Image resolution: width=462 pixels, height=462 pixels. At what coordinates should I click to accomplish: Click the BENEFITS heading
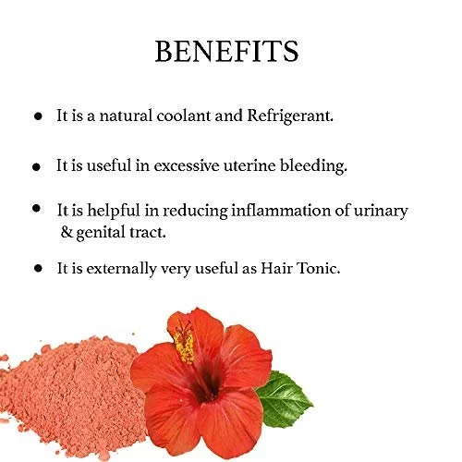click(226, 51)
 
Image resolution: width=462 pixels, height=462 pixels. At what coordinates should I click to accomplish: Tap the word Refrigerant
click(290, 116)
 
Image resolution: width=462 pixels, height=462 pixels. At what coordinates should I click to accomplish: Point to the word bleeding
click(313, 166)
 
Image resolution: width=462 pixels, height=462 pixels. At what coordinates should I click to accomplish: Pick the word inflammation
click(280, 211)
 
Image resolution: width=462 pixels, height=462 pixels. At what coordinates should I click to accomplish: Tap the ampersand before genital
click(67, 232)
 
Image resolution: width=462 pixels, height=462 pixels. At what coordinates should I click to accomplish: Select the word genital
click(100, 233)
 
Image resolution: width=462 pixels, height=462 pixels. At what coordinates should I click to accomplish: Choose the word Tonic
click(318, 268)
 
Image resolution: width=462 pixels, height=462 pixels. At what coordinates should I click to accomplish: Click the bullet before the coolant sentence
click(38, 116)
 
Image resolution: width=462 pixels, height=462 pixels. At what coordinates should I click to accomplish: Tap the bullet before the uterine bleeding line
click(36, 167)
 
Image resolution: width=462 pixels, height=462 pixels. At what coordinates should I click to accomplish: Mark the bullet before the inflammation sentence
click(36, 208)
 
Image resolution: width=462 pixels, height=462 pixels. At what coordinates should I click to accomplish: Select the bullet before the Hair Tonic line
click(38, 268)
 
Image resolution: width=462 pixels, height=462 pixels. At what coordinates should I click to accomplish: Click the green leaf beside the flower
click(284, 399)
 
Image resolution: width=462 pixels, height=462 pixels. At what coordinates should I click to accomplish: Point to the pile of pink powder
click(72, 397)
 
